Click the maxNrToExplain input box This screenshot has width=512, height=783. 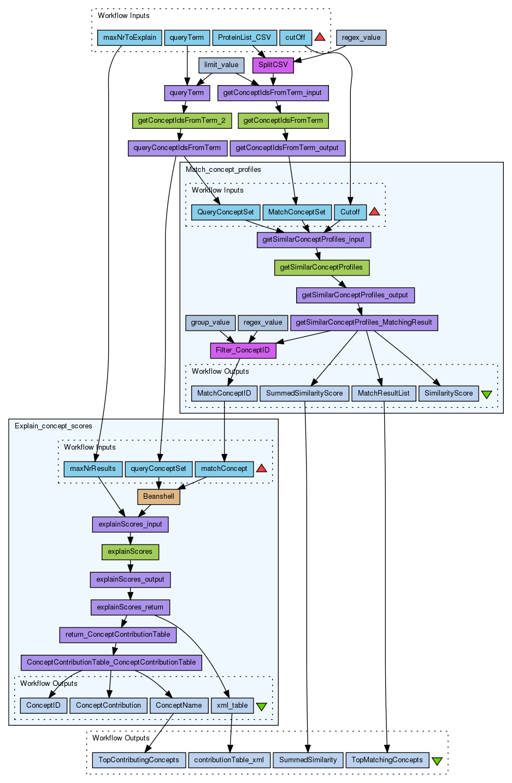tap(130, 38)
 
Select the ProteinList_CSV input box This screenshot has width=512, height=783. tap(244, 38)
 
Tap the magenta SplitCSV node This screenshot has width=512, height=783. tap(273, 65)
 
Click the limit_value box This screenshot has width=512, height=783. tap(221, 65)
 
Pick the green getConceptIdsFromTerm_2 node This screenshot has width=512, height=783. tap(181, 121)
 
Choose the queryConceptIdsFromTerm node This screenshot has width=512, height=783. tap(177, 148)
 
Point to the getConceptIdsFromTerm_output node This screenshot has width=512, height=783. tap(287, 148)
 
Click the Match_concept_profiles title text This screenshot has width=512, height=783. tap(223, 170)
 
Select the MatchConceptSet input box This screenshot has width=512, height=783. tap(297, 212)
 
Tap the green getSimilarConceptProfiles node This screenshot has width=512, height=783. tap(321, 267)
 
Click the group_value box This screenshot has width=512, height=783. tap(210, 322)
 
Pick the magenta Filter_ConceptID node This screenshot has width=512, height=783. tap(243, 350)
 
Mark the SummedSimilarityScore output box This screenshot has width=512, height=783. tap(304, 393)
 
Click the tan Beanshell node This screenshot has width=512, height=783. tap(158, 497)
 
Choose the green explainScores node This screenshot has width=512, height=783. tap(130, 552)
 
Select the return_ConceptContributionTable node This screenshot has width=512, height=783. tap(117, 635)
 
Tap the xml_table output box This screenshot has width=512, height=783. tap(232, 706)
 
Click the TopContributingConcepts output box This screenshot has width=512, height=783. tap(139, 760)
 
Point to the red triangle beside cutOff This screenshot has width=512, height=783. tap(320, 37)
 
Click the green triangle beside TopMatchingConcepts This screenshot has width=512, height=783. tap(437, 761)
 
